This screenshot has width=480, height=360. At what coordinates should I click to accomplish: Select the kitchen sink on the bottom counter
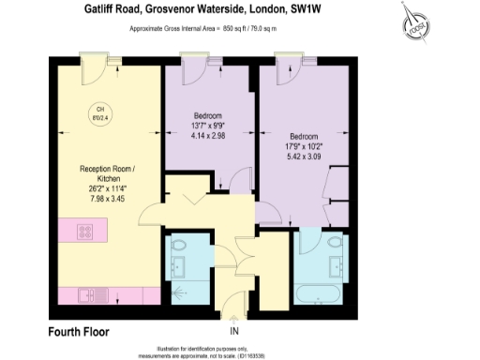point(91,295)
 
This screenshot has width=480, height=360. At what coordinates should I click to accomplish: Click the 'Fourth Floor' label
point(79,332)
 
